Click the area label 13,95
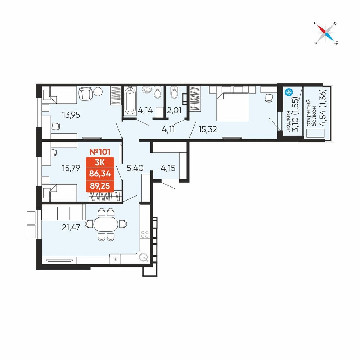(x=71, y=115)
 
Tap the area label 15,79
(x=71, y=168)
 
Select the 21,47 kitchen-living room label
(x=71, y=227)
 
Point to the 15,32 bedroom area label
(x=208, y=130)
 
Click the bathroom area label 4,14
(x=145, y=111)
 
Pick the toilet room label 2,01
(x=174, y=111)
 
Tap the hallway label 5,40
(x=135, y=168)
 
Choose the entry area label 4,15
(x=168, y=168)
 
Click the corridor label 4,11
(x=168, y=130)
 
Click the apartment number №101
(x=100, y=152)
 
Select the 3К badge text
(x=100, y=163)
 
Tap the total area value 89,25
(x=100, y=185)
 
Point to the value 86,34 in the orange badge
(x=100, y=174)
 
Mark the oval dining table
(x=106, y=224)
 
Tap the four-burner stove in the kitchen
(x=145, y=234)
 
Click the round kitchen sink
(x=144, y=257)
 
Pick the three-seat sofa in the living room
(x=64, y=212)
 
